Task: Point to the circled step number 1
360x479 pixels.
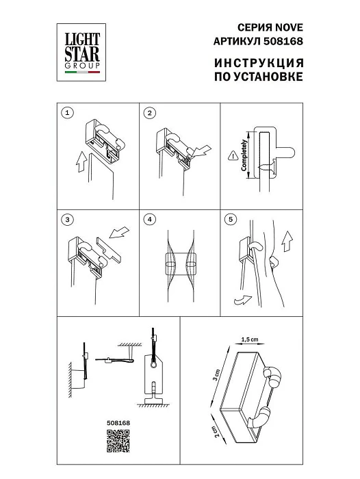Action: point(66,112)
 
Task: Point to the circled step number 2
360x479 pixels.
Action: point(151,112)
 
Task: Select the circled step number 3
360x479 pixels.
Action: point(66,220)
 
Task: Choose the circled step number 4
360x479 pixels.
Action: point(151,220)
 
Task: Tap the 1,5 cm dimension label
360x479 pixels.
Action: point(249,339)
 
